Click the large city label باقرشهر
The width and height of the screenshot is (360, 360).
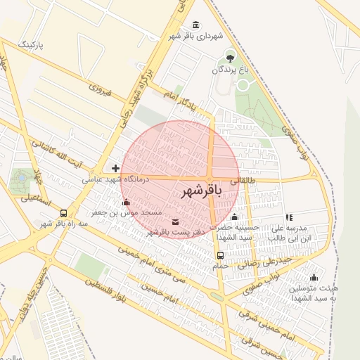pyautogui.click(x=201, y=191)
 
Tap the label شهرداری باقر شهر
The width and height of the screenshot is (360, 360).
pyautogui.click(x=195, y=35)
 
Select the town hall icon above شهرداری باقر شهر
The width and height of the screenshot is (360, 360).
pyautogui.click(x=195, y=25)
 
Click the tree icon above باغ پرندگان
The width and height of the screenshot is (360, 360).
pyautogui.click(x=230, y=56)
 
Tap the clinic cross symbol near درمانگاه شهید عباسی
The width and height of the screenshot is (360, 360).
pyautogui.click(x=115, y=168)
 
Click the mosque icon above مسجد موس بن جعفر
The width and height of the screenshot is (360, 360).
pyautogui.click(x=126, y=202)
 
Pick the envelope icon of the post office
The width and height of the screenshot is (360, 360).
pyautogui.click(x=175, y=222)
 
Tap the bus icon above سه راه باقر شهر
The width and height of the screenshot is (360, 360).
pyautogui.click(x=64, y=213)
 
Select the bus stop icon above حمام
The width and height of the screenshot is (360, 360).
pyautogui.click(x=220, y=255)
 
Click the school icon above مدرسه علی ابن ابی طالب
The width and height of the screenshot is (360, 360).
pyautogui.click(x=289, y=218)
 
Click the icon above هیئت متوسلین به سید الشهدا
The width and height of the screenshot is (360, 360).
pyautogui.click(x=314, y=277)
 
